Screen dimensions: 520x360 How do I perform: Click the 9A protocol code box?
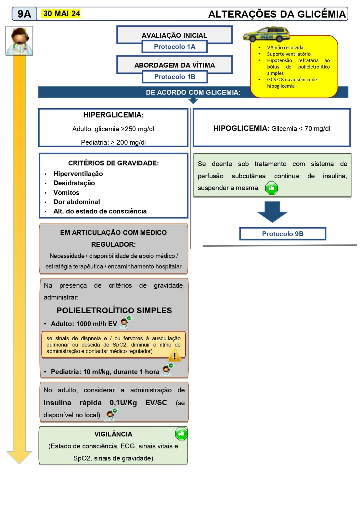[x=24, y=14]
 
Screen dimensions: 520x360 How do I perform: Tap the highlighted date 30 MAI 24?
[x=61, y=14]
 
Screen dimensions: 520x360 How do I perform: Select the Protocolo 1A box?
[x=174, y=47]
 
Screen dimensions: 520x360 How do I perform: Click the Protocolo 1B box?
[x=174, y=77]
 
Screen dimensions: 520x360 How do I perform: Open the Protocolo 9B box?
[x=283, y=234]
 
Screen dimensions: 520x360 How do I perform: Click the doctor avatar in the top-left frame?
[x=19, y=41]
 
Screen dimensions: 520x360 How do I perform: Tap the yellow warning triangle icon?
[x=174, y=356]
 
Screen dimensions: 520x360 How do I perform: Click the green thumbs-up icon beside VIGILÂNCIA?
[x=181, y=434]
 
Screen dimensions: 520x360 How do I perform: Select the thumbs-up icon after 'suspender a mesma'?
[x=272, y=188]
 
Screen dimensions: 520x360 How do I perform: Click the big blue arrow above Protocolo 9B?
[x=272, y=212]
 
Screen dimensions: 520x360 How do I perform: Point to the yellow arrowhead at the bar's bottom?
[x=19, y=457]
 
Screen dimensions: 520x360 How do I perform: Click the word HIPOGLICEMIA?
[x=241, y=129]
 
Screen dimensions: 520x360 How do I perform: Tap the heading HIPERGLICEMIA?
[x=113, y=115]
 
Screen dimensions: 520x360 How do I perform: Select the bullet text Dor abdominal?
[x=77, y=202]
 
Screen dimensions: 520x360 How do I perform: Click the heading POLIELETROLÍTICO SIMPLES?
[x=114, y=310]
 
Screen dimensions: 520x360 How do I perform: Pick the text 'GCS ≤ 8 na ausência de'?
[x=292, y=80]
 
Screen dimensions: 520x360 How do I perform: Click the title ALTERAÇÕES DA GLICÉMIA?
[x=277, y=14]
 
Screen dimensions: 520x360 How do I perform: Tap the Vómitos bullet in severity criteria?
[x=66, y=193]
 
